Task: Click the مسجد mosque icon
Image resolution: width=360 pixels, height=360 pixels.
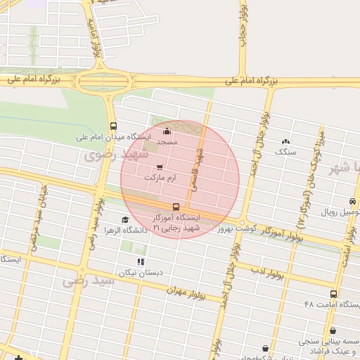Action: tap(167, 131)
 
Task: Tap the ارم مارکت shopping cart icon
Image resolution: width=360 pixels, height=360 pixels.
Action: tap(160, 167)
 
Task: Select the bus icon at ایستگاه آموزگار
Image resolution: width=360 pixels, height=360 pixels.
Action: tap(176, 207)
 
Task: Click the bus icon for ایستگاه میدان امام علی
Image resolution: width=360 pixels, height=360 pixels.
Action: tap(113, 127)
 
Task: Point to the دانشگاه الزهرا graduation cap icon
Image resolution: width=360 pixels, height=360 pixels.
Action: tap(125, 219)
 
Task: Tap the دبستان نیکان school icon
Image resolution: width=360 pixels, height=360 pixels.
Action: tap(141, 262)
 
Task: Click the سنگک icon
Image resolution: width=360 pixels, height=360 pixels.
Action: tap(285, 141)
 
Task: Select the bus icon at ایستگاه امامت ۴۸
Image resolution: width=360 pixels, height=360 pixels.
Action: tap(333, 294)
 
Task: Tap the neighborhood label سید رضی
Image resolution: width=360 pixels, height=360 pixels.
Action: tap(89, 281)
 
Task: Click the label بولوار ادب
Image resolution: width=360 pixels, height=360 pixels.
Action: tap(269, 272)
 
